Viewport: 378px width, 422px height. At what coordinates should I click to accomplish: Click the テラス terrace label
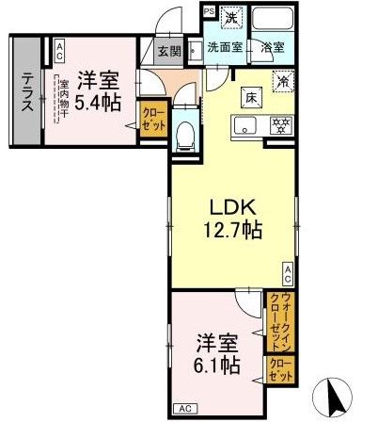click(27, 92)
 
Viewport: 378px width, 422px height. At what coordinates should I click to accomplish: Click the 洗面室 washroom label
click(227, 47)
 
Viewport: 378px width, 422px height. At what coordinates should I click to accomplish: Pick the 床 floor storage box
click(252, 96)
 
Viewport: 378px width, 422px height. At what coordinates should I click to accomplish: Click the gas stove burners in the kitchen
click(279, 124)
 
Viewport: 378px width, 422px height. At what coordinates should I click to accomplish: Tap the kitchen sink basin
click(248, 125)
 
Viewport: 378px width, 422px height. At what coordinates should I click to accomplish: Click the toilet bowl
click(185, 134)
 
